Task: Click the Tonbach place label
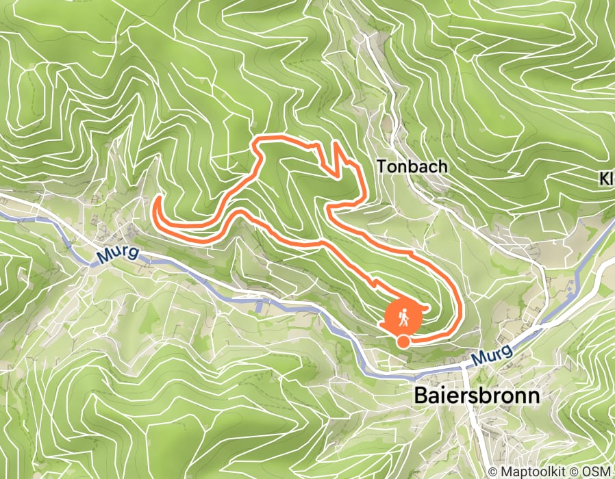coord(412,166)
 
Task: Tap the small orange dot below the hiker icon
coord(403,341)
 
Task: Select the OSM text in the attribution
coord(601,472)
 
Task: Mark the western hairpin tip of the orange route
coord(157,199)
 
